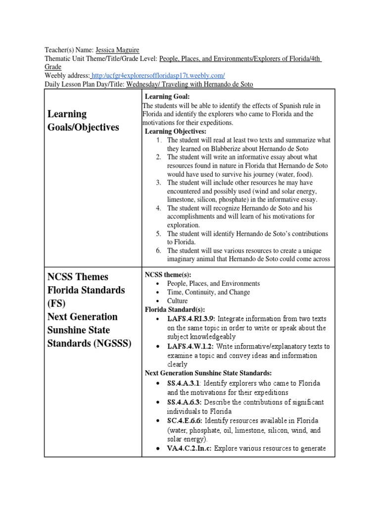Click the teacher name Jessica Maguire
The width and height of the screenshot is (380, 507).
(117, 50)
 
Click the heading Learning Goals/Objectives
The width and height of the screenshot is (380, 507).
(83, 120)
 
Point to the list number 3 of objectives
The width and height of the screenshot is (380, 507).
(159, 183)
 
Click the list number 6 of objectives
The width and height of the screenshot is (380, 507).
(159, 250)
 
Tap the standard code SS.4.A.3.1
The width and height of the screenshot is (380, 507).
(184, 384)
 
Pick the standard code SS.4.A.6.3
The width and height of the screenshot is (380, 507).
(184, 403)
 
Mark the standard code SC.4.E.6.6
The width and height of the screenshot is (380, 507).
(184, 421)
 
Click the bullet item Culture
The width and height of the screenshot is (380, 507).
(177, 301)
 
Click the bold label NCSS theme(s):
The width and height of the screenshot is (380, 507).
(168, 275)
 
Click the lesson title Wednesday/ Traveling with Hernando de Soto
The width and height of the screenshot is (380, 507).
(190, 84)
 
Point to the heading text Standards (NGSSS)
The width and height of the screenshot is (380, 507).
(89, 343)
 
